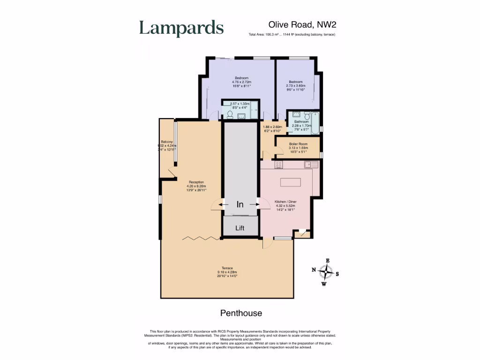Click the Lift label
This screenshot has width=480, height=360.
240,228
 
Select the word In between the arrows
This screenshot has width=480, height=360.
240,204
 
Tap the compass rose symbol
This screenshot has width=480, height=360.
325,271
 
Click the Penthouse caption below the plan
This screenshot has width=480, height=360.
241,313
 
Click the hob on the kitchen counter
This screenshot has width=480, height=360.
278,164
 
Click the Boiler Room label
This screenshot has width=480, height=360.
297,144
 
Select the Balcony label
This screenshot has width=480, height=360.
167,142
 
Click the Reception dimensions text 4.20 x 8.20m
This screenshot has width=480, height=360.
195,186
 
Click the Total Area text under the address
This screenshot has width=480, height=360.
292,35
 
